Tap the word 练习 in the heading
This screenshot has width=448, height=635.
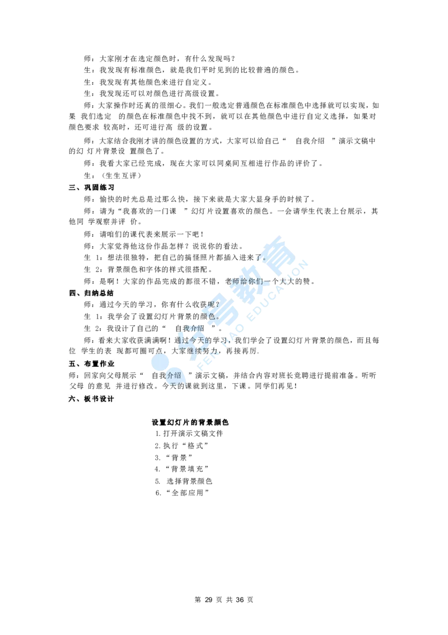click(108, 188)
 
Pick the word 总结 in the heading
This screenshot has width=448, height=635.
click(108, 294)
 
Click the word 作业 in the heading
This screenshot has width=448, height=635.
click(108, 364)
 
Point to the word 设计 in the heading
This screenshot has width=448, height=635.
click(108, 399)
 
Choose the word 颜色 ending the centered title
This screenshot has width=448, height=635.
click(224, 422)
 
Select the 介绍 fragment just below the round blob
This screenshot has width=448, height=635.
click(174, 376)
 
